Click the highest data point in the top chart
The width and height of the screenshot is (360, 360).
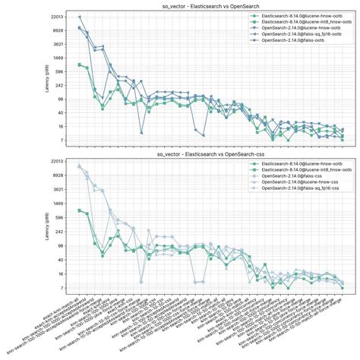(x=80, y=17)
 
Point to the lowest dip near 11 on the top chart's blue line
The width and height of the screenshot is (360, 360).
(x=141, y=133)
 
